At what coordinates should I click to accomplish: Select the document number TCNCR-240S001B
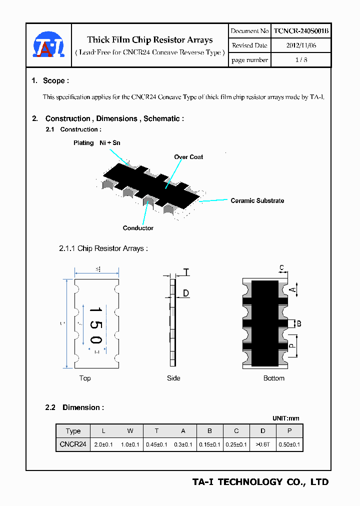tap(301, 31)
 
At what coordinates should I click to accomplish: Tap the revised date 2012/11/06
tap(301, 45)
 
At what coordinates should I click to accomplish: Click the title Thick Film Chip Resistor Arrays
tap(150, 40)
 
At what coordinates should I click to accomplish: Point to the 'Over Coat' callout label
tap(188, 157)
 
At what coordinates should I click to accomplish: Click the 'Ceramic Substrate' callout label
tap(257, 200)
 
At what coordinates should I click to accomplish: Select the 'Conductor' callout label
tap(138, 228)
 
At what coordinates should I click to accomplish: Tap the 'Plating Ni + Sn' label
tap(97, 143)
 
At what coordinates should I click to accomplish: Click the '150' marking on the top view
tap(95, 325)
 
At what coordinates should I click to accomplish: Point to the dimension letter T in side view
tap(186, 272)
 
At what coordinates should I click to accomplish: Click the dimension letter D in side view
tap(185, 293)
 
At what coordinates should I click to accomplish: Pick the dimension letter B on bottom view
tap(299, 323)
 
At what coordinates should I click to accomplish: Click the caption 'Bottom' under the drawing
tap(274, 378)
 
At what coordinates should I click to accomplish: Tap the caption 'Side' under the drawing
tap(173, 378)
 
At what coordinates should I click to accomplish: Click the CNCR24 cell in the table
tap(73, 444)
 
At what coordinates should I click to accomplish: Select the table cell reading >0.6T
tap(263, 444)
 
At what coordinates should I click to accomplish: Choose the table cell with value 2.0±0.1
tap(103, 444)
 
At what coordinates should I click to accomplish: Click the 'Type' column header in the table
tap(73, 431)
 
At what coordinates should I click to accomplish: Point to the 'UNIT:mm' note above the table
tap(285, 418)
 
